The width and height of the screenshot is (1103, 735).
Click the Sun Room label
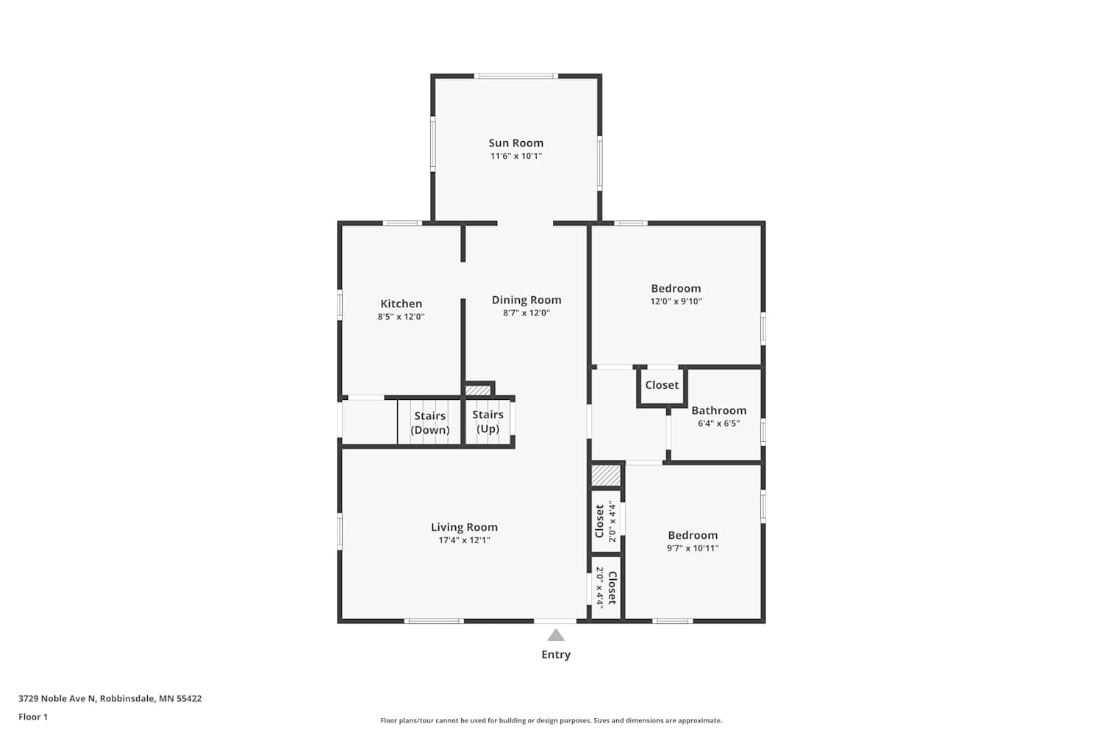click(516, 143)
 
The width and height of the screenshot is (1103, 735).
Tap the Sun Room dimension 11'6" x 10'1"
click(516, 156)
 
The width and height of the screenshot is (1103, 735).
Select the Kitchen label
click(401, 304)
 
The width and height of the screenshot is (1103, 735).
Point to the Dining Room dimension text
click(526, 313)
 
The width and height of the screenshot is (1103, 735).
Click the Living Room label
click(464, 527)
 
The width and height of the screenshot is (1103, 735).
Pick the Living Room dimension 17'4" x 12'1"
click(464, 540)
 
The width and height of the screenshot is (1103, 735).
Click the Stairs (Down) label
click(430, 423)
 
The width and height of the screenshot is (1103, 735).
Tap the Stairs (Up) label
click(488, 422)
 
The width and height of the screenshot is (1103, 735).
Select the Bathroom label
click(719, 411)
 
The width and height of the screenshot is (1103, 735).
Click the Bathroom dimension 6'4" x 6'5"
click(719, 424)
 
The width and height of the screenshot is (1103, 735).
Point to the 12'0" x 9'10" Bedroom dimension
click(676, 302)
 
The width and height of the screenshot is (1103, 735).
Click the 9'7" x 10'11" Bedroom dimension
click(693, 548)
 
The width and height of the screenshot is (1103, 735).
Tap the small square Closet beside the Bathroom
click(662, 385)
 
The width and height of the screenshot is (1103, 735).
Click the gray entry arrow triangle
click(556, 635)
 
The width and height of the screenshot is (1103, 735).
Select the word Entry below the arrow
click(556, 655)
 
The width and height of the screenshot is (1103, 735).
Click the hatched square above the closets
click(606, 475)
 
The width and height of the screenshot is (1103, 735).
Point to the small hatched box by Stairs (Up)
click(478, 390)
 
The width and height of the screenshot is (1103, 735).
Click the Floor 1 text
click(33, 717)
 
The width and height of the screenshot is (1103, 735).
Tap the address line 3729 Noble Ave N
click(110, 698)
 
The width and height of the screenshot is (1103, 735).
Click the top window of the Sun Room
click(516, 76)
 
